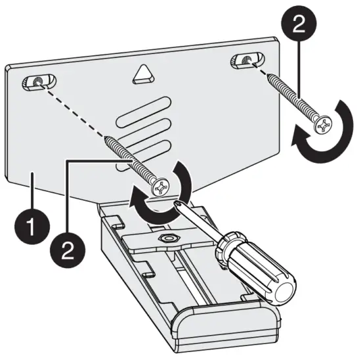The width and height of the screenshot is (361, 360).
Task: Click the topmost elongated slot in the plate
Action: [145, 109]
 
